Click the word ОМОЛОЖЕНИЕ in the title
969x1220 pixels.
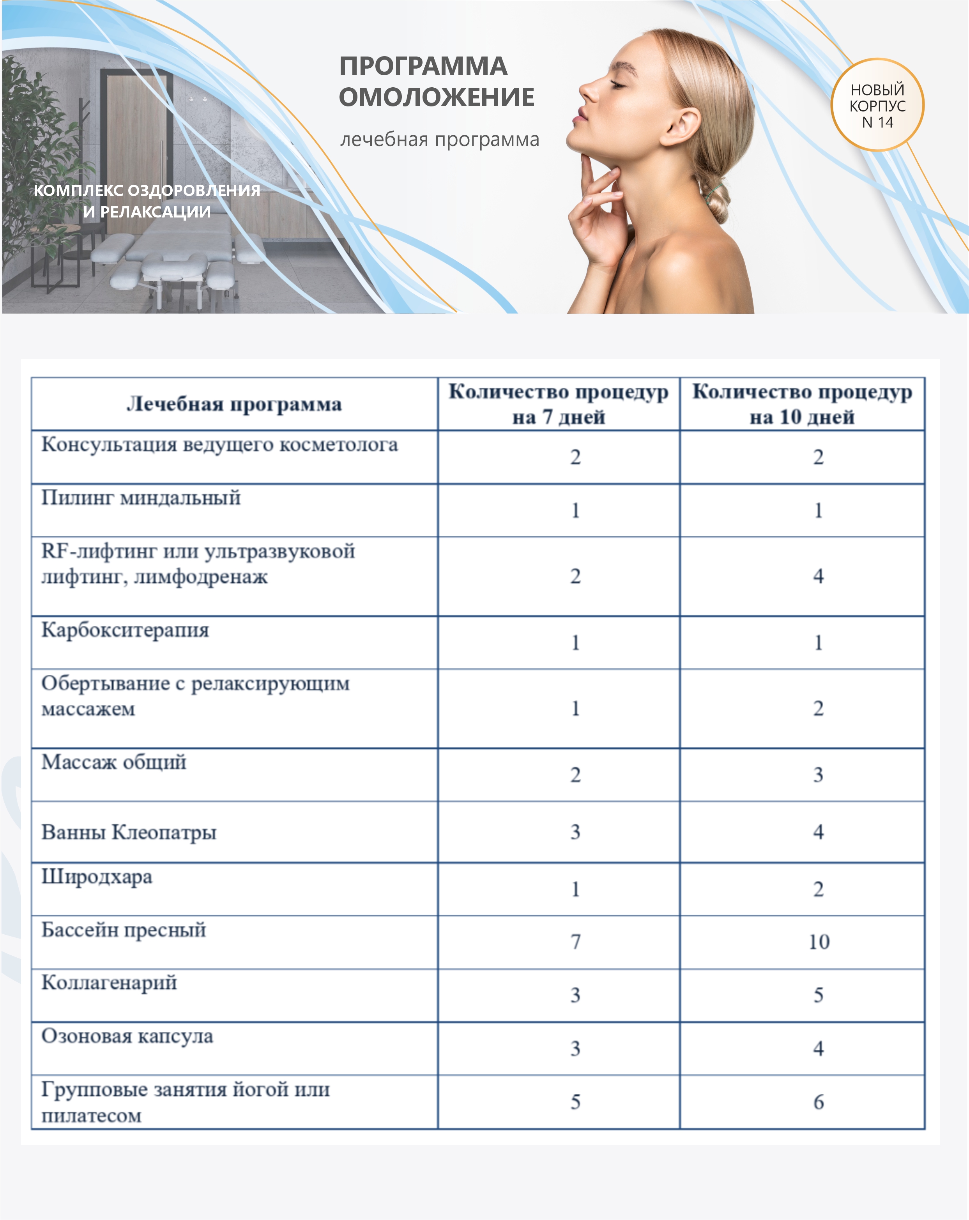click(437, 97)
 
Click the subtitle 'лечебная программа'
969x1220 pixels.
click(439, 139)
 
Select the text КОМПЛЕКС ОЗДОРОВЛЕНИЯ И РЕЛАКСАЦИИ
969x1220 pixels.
click(147, 201)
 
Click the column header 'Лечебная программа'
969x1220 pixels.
click(234, 404)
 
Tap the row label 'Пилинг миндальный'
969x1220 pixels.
click(141, 498)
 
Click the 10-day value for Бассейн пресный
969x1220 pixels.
click(819, 942)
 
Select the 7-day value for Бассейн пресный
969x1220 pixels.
click(575, 942)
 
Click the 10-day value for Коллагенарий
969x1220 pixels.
click(819, 995)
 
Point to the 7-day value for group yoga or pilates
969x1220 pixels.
click(575, 1102)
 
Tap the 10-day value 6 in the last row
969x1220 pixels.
click(819, 1102)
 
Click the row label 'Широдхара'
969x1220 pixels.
click(97, 877)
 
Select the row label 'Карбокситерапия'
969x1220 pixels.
click(125, 630)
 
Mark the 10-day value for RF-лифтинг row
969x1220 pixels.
click(819, 576)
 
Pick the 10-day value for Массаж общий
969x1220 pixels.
click(819, 774)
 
